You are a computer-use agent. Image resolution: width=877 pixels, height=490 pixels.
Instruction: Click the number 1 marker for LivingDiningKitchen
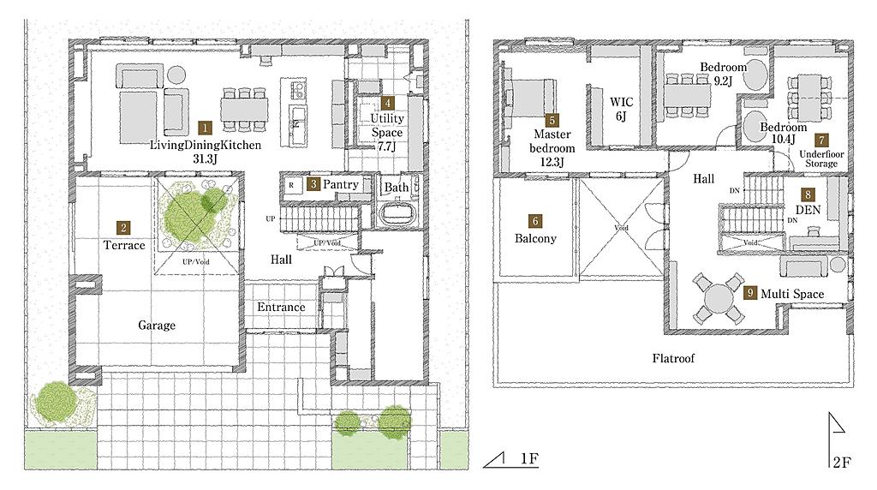coord(206,128)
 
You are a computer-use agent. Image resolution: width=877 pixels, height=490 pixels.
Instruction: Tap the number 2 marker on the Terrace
coord(123,228)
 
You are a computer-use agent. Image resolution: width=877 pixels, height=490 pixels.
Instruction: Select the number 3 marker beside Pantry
coord(313,184)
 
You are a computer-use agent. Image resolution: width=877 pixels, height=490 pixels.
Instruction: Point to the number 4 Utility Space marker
coord(387,103)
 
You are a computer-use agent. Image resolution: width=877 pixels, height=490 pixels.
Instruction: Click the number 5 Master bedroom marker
coord(552,120)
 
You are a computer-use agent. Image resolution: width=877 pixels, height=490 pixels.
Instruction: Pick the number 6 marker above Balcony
coord(535,221)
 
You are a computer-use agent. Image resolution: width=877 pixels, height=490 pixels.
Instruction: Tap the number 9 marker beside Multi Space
coord(750,293)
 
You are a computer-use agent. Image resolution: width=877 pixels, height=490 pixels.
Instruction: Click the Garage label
coord(157,325)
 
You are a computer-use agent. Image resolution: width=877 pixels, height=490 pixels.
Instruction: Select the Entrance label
coord(281,307)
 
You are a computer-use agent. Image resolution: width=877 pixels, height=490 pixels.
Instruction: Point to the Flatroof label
coord(673,358)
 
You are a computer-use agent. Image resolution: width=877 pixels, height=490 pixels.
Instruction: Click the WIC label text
coord(622,102)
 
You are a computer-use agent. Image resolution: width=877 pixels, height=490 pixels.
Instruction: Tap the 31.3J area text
coord(205,158)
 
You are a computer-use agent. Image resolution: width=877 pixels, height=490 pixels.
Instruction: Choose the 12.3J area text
coord(552,162)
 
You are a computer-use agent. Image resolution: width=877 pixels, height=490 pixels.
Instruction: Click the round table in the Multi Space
coord(719,299)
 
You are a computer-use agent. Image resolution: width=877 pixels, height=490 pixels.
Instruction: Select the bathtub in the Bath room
coord(397,213)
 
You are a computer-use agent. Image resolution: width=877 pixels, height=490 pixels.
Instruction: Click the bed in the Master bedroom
coord(529,98)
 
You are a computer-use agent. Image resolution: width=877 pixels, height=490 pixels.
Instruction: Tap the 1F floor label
coord(529,458)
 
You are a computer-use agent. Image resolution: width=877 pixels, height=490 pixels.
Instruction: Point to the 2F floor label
coord(842,462)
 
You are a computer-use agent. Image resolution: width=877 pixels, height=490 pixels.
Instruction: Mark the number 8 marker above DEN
coord(808,194)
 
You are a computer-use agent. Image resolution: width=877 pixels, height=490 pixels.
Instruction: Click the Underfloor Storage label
coord(821,158)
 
